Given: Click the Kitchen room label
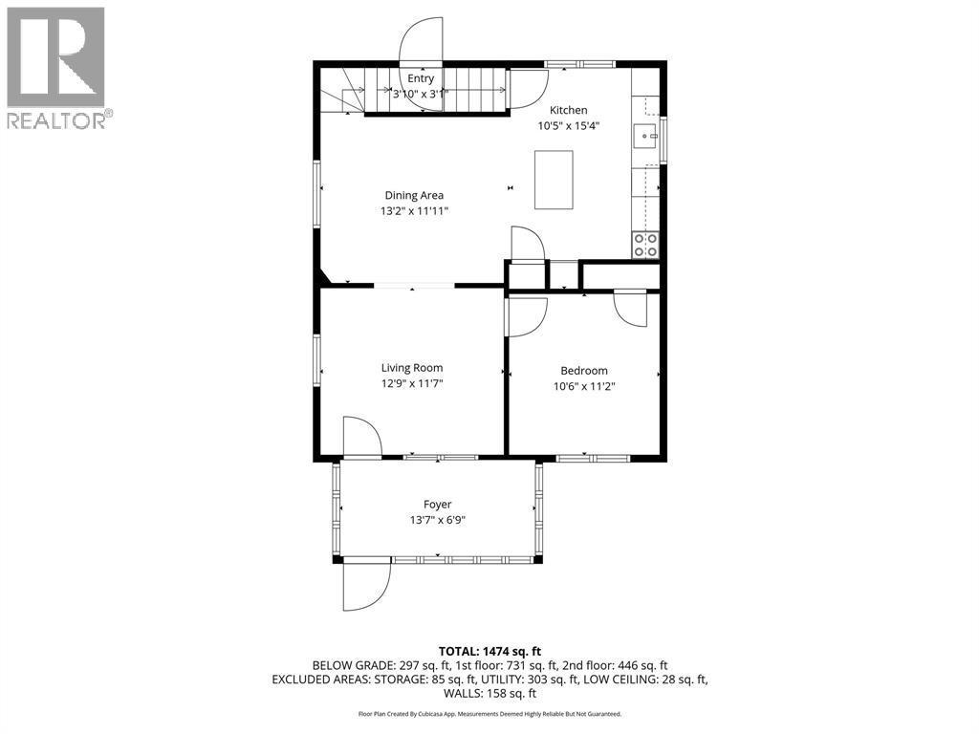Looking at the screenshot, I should pos(568,110).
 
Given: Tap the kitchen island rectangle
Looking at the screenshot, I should pos(554,180).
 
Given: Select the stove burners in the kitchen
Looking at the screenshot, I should pos(645,245).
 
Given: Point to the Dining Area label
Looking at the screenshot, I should pos(414,195).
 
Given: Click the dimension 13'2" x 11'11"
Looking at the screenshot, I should pos(414,211).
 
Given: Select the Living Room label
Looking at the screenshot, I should pos(412,367).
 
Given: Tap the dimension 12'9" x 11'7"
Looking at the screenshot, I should pos(412,383).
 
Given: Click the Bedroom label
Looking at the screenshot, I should pos(583,371).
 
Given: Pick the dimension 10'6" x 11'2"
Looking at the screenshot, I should pos(583,387).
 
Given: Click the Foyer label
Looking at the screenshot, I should pos(437,504).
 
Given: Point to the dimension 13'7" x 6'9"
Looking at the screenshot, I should pos(437,520).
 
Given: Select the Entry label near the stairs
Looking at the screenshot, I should pos(421,78).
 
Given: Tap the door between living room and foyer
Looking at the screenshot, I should pos(362,438).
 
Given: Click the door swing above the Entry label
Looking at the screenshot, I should pos(422,40).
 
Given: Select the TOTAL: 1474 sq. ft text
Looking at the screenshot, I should pos(489,650).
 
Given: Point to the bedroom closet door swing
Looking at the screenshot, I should pos(630,308).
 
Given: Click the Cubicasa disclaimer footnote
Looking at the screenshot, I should pos(489,714).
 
